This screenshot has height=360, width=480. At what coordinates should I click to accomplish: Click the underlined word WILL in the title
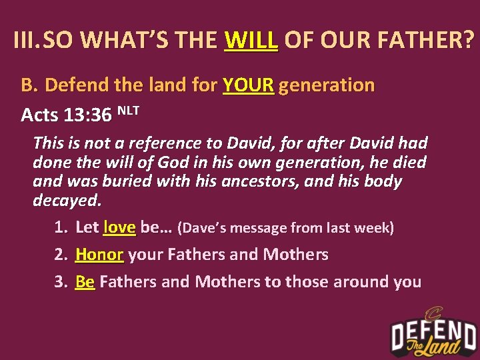pyautogui.click(x=251, y=41)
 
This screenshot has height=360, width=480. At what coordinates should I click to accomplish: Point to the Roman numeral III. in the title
pyautogui.click(x=27, y=41)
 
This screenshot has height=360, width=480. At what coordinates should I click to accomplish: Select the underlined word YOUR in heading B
pyautogui.click(x=248, y=85)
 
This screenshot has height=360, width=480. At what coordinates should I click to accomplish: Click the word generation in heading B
pyautogui.click(x=327, y=85)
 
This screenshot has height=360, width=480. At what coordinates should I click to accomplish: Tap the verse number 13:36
pyautogui.click(x=88, y=115)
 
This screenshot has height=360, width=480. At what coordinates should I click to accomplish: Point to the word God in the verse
pyautogui.click(x=168, y=162)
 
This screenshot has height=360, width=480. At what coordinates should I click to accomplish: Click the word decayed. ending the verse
pyautogui.click(x=67, y=201)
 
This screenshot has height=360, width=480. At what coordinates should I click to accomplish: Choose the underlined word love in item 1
pyautogui.click(x=120, y=227)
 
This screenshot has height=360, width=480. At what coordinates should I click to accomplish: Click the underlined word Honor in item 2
pyautogui.click(x=99, y=254)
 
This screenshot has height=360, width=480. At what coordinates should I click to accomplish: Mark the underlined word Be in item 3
pyautogui.click(x=85, y=281)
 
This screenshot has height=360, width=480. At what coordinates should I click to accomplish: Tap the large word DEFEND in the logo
pyautogui.click(x=433, y=332)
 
